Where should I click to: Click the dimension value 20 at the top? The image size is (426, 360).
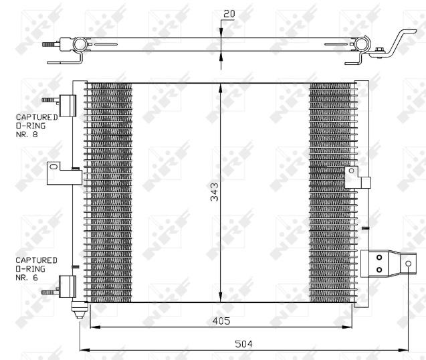pos(229,13)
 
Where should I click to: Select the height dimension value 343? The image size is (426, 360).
pos(215,191)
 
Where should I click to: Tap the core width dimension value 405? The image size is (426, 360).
pos(221,321)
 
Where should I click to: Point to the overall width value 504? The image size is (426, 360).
pos(243,344)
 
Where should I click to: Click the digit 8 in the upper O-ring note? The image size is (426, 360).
pos(35,134)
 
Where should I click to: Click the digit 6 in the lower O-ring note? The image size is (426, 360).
pos(35,277)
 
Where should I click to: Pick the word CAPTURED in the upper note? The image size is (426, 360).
pos(37,117)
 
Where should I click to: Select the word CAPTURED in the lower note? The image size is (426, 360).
pos(36,260)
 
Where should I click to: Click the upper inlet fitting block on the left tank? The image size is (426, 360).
pos(68,106)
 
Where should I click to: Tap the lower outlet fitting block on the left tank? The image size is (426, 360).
pos(68,286)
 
